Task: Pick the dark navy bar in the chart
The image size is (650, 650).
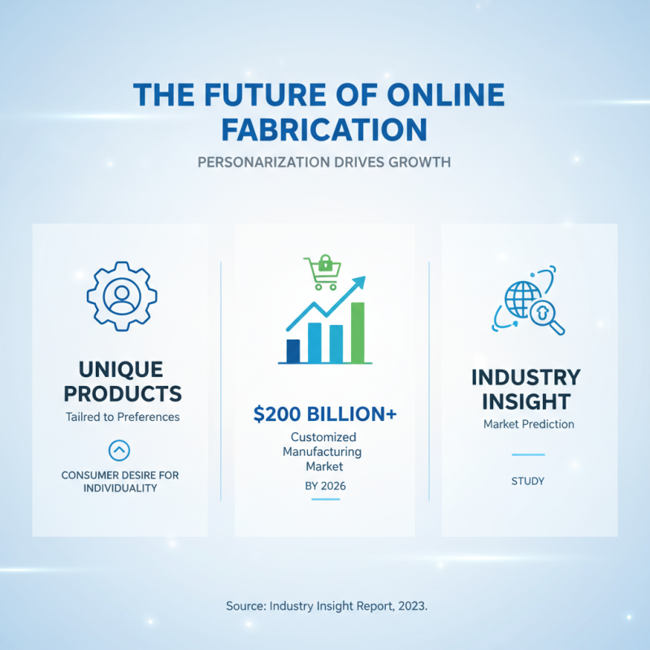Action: pos(293,350)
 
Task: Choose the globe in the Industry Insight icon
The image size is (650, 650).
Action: pos(522,300)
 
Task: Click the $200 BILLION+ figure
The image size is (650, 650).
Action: pos(325,414)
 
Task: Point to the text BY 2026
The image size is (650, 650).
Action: pos(324,486)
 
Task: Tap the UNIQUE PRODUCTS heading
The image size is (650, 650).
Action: pos(123,382)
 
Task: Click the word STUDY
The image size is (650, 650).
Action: pos(528,481)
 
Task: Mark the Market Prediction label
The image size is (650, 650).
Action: pos(528,424)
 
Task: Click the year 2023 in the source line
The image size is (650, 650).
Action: pos(407,606)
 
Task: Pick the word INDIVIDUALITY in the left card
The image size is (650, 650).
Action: pos(119,488)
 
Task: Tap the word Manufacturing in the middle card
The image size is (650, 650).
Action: pos(324,452)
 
